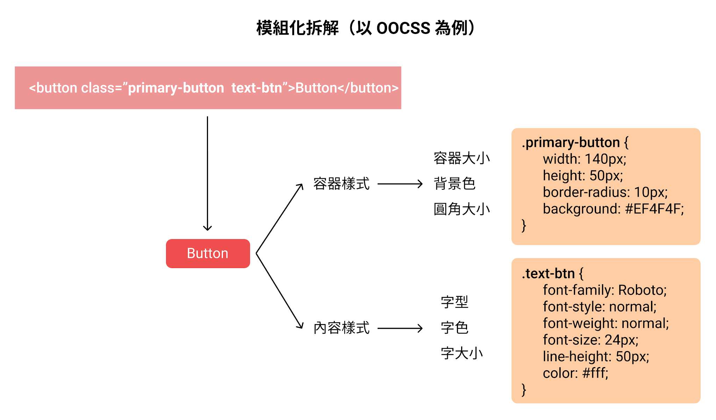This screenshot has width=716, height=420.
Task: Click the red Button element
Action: click(x=208, y=253)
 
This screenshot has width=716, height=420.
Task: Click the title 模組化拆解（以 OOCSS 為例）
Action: click(x=366, y=28)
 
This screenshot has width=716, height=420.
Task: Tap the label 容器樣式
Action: click(x=341, y=184)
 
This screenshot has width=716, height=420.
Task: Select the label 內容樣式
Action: click(x=341, y=328)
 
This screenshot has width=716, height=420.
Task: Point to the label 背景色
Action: click(x=454, y=183)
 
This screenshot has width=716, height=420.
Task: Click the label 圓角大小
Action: click(x=461, y=209)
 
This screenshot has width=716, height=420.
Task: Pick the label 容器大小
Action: click(x=461, y=158)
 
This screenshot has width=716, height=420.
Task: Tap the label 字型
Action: click(x=454, y=302)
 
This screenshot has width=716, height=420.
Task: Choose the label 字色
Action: click(x=454, y=328)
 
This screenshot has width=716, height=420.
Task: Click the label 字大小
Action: click(x=462, y=353)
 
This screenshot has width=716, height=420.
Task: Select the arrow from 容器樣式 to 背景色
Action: click(x=400, y=184)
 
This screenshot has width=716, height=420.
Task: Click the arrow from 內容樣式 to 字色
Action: click(x=400, y=328)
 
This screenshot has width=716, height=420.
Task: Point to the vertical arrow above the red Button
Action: click(x=207, y=174)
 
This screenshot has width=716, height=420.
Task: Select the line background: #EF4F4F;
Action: click(x=613, y=209)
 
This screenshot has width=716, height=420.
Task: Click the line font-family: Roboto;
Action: click(x=605, y=290)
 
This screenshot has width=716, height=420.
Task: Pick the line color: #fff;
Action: click(x=575, y=373)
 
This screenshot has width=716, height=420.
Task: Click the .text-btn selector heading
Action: click(x=552, y=274)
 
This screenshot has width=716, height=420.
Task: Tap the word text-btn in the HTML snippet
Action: click(x=257, y=88)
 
